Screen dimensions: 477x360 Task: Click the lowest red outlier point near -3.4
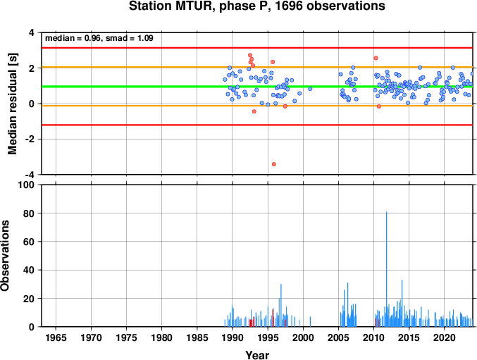(274, 164)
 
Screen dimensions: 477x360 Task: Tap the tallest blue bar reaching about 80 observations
(387, 269)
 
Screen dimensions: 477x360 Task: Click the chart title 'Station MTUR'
(170, 6)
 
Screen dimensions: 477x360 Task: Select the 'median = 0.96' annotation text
(73, 38)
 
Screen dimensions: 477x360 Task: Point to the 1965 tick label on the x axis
(56, 337)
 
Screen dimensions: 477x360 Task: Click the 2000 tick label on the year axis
(303, 337)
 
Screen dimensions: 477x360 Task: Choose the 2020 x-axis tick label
(444, 337)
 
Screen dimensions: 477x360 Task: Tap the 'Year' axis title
(257, 355)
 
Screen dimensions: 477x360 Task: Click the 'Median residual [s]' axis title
(13, 104)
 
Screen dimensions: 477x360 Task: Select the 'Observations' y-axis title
(5, 256)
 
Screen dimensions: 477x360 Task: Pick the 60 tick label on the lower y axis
(29, 242)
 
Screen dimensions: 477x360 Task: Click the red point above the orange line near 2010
(376, 58)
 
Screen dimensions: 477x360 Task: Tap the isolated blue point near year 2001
(310, 89)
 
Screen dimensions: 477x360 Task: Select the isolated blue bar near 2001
(310, 322)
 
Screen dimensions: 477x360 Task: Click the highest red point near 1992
(250, 56)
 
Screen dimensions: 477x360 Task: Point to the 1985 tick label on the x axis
(197, 337)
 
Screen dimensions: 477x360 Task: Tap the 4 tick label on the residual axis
(32, 32)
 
